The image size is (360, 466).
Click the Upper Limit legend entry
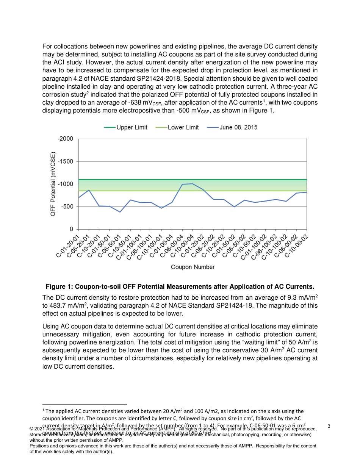click(x=131, y=127)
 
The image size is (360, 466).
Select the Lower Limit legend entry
click(x=183, y=127)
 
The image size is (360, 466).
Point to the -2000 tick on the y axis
click(x=66, y=139)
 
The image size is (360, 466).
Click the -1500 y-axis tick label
click(x=66, y=161)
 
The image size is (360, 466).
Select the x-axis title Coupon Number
click(x=193, y=267)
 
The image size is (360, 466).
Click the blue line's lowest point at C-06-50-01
click(x=120, y=212)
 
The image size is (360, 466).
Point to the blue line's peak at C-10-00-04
click(x=193, y=184)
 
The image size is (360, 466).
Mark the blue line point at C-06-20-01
click(x=89, y=190)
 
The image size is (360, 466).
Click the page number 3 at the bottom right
click(x=329, y=426)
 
